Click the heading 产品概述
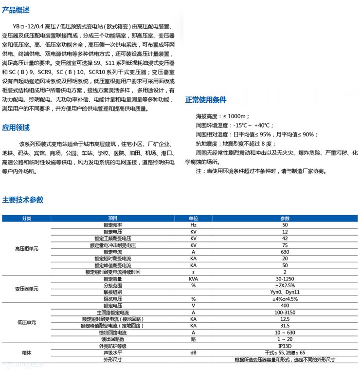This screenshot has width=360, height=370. tap(16, 10)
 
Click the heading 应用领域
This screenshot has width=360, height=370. tap(16, 128)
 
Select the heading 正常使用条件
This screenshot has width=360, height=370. tap(206, 100)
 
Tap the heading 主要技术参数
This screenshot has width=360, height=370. tap(23, 200)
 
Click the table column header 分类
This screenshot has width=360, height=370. tap(26, 219)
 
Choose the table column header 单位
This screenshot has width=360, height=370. tap(193, 219)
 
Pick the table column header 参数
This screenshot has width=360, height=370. tap(285, 219)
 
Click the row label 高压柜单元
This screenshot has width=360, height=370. tap(26, 249)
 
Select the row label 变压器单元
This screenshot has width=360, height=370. tap(26, 289)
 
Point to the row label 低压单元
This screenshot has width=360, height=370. tap(26, 322)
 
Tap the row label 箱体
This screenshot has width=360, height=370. tap(26, 353)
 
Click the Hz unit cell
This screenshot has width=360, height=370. tap(193, 225)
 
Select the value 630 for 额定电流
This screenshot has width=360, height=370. tap(285, 252)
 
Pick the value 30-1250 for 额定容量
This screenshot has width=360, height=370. tap(285, 279)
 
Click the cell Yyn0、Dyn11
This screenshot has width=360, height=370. tap(285, 292)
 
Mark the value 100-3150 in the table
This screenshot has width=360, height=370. tap(285, 312)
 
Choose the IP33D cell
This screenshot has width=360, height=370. tap(285, 346)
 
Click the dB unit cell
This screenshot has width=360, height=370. tap(193, 352)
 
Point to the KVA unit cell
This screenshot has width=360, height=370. tap(193, 279)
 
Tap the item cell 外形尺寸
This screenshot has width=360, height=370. tap(112, 360)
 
